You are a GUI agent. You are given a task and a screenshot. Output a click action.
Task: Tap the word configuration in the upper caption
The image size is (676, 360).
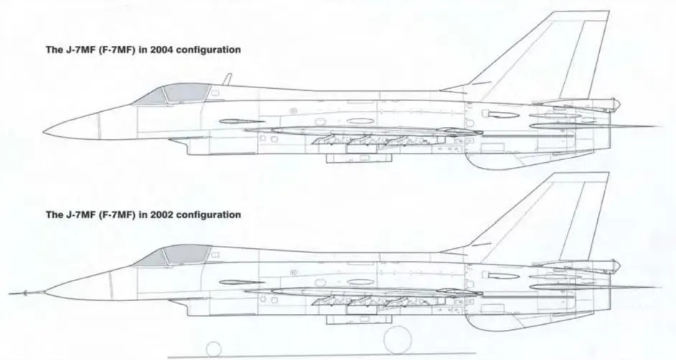click(209, 50)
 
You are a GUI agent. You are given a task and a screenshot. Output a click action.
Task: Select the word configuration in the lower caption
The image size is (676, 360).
click(209, 215)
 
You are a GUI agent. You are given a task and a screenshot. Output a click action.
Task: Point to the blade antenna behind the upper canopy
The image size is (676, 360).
click(227, 79)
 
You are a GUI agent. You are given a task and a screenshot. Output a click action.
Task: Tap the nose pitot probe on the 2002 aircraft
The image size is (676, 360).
click(27, 293)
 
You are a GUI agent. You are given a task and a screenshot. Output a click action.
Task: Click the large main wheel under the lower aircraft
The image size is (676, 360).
click(397, 341)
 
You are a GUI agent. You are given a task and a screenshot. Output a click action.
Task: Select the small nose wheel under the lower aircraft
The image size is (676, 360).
click(213, 349)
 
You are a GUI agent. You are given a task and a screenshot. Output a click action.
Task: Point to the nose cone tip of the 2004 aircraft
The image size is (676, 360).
click(44, 132)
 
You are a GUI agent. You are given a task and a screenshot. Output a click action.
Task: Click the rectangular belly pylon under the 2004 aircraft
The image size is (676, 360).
click(359, 158)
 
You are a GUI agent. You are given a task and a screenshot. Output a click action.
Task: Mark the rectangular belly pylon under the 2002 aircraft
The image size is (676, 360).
click(359, 320)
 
